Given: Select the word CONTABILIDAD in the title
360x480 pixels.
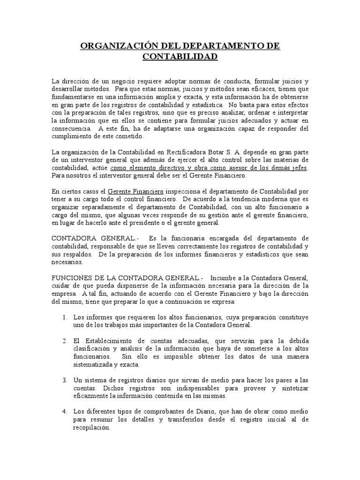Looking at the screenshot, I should [x=180, y=57].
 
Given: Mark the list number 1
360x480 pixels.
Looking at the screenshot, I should [x=65, y=317].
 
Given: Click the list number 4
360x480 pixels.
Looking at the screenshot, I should [x=65, y=411].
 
